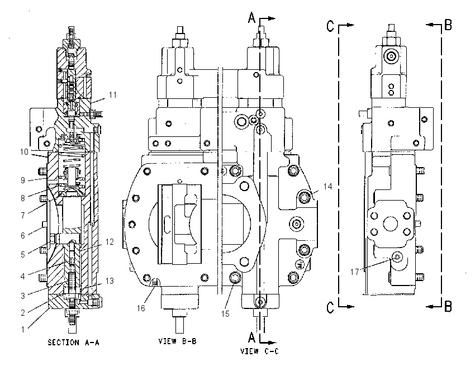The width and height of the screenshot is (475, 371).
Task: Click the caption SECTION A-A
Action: coord(73,343)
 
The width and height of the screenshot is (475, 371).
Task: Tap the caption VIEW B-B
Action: coord(177,341)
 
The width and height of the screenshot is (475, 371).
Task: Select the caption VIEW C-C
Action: coord(259,351)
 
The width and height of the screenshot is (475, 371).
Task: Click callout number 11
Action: coord(113,95)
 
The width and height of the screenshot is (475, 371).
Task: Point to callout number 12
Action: coord(110,242)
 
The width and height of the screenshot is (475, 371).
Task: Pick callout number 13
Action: coord(110,280)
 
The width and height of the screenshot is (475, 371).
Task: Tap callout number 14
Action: coord(327,186)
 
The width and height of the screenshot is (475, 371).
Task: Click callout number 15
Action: coord(225,314)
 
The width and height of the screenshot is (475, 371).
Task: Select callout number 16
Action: coord(141,308)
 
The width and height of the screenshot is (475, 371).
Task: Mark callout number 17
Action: coord(354,272)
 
